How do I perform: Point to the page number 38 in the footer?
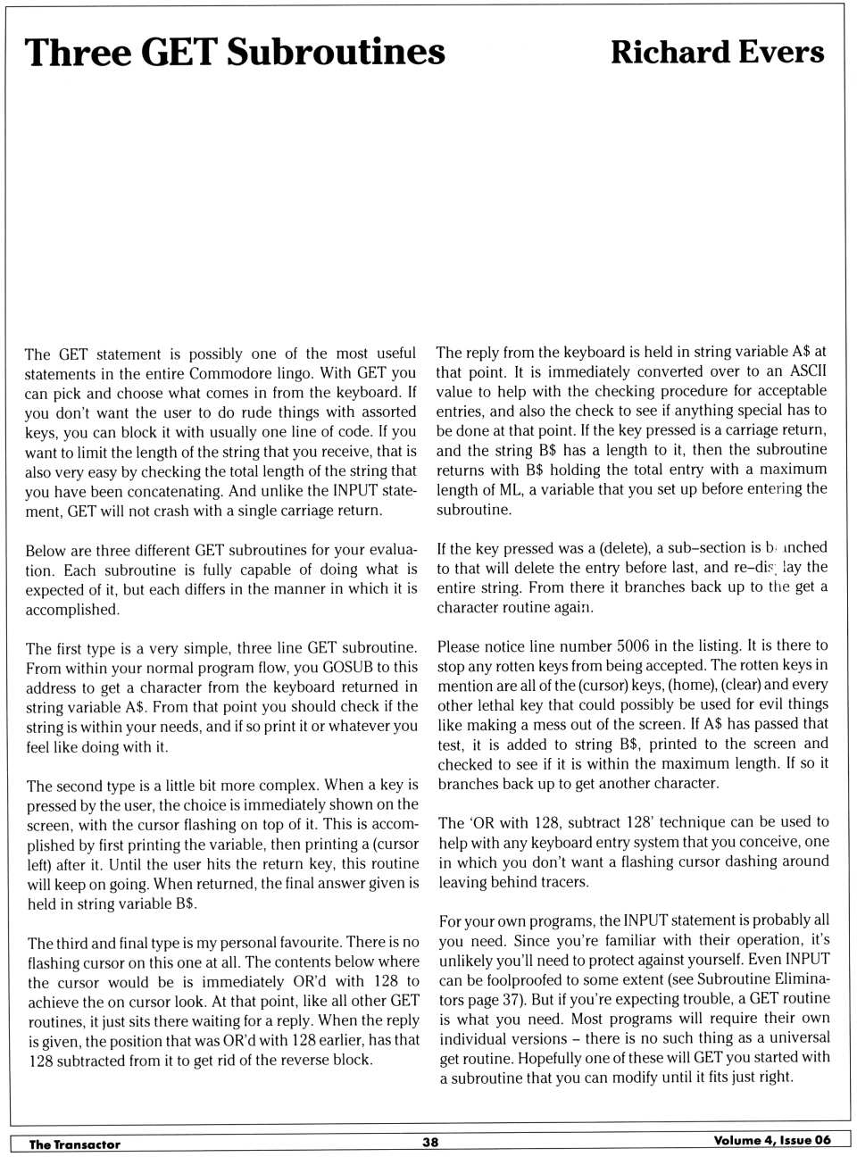coord(430,1142)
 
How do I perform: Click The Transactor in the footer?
coord(74,1145)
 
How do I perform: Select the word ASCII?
coord(809,370)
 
